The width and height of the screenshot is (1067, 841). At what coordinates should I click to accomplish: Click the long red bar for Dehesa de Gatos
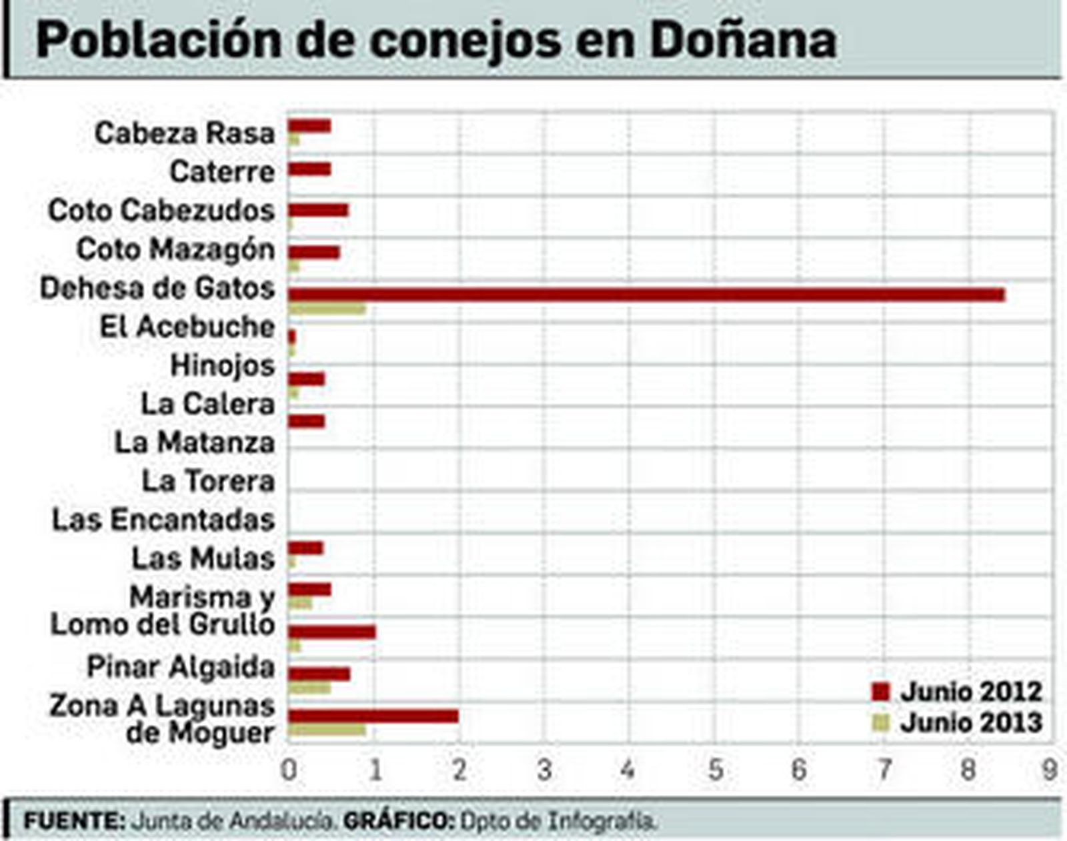pos(646,295)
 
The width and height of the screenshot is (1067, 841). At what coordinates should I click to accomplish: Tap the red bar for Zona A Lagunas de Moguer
pos(373,716)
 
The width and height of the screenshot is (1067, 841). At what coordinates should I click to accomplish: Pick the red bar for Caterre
pos(309,169)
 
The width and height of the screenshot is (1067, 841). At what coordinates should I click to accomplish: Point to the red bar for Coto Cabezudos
pos(318,211)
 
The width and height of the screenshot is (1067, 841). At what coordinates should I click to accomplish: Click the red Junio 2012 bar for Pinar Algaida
pos(319,674)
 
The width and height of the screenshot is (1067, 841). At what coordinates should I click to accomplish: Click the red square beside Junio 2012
pos(881,692)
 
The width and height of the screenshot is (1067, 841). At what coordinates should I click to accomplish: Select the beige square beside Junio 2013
pos(881,723)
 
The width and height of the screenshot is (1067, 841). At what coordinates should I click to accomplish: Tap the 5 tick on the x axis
pos(715,770)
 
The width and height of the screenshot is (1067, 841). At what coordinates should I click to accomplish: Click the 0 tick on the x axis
pos(289,770)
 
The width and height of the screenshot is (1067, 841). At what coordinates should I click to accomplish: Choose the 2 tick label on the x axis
pos(459,770)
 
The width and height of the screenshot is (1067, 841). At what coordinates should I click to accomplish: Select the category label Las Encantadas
pos(163,520)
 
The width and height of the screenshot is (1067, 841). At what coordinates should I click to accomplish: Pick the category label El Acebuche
pos(187,327)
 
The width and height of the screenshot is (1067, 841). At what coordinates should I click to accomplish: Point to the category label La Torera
pos(208,482)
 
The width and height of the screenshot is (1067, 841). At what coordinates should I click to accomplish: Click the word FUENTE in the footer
pos(73,820)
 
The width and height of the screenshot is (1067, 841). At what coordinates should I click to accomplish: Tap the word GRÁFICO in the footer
pos(397,820)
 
